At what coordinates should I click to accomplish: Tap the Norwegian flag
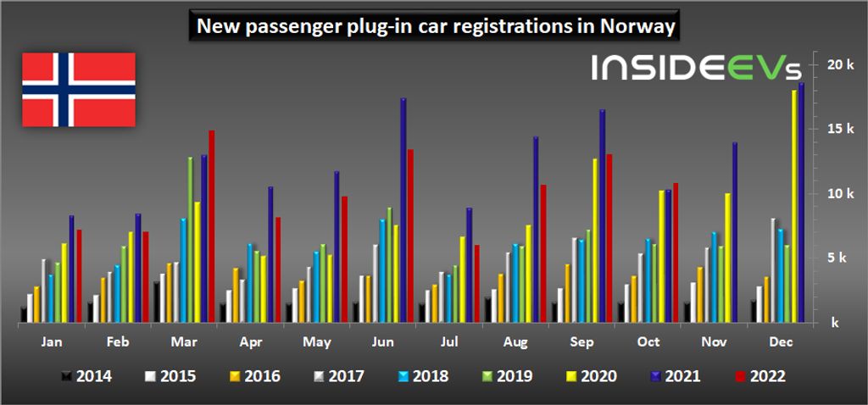[78, 89]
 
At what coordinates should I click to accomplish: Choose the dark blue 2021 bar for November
[734, 232]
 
